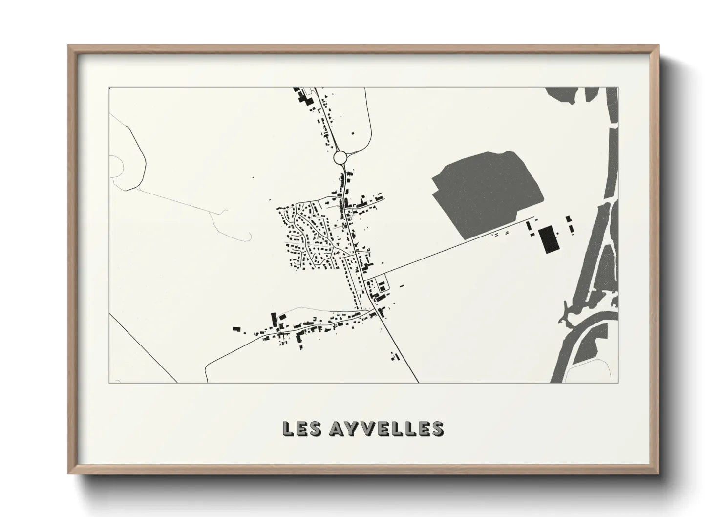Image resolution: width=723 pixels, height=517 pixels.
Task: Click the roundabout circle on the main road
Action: coord(340,157)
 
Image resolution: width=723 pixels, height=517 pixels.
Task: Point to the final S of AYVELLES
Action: coord(437,429)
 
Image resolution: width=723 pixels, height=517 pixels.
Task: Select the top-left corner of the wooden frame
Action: coord(69,46)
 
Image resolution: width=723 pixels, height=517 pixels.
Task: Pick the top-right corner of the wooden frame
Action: coord(658,46)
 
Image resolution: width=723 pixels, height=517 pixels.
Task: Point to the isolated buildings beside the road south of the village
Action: coord(394,356)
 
